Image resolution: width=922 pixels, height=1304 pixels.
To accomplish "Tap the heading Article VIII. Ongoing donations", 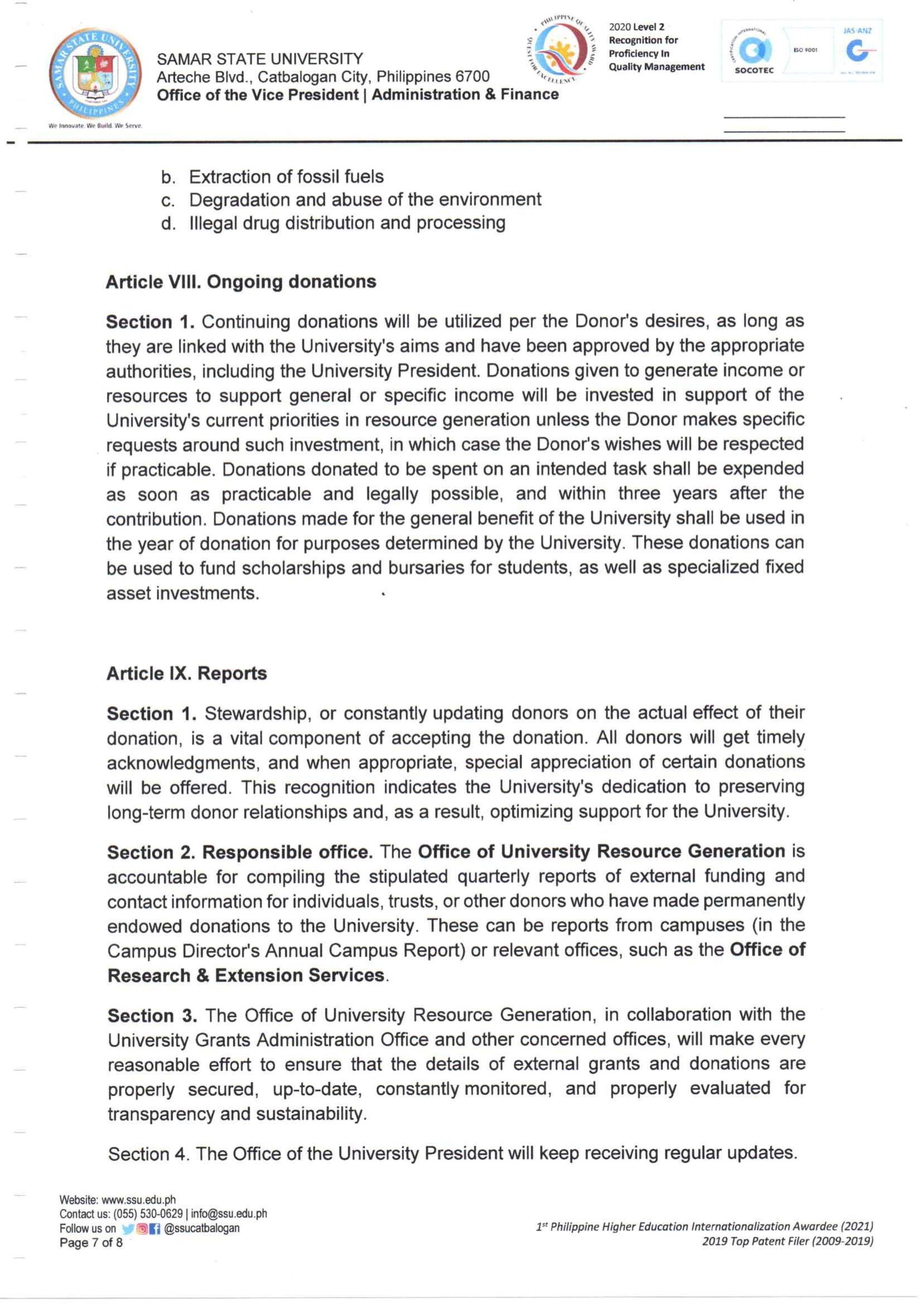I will [241, 282].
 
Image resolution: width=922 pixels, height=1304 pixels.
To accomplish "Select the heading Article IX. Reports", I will [187, 673].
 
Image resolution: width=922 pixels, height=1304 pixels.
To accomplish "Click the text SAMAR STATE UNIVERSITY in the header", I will [260, 59].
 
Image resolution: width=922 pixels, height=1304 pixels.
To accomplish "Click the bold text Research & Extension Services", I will [246, 975].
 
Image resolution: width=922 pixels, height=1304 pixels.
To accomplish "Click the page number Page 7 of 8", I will [91, 1242].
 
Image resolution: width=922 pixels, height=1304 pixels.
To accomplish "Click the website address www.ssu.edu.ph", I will [138, 1199].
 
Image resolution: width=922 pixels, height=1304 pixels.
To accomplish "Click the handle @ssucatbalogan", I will [202, 1228].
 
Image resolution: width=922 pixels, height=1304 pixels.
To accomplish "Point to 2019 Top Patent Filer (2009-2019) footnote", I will [787, 1241].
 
